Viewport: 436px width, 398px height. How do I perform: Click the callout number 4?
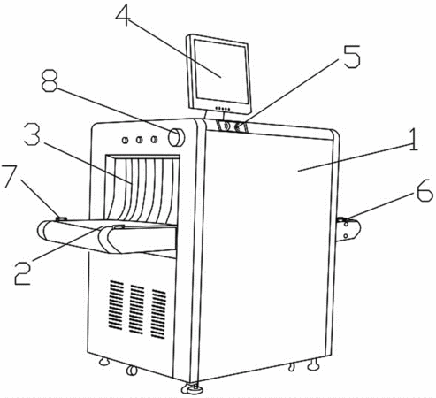click(123, 14)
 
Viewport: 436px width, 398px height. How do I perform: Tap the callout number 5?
click(352, 57)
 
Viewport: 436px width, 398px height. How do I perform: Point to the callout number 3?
click(32, 134)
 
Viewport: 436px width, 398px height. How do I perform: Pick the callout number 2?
click(23, 273)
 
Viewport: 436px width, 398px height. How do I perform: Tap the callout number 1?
click(414, 140)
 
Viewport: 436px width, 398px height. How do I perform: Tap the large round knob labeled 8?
click(177, 137)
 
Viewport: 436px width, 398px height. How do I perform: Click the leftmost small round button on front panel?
click(126, 140)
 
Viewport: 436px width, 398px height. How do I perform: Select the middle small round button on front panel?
click(139, 139)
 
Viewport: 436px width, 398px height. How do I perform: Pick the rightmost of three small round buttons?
click(154, 139)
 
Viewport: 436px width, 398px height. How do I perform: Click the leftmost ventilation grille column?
click(117, 305)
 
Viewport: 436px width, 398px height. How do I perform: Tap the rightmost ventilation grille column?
click(158, 314)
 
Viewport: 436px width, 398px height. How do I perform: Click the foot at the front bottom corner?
click(192, 387)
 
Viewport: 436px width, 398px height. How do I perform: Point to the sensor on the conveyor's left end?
click(61, 219)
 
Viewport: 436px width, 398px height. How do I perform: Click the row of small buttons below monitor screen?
click(223, 109)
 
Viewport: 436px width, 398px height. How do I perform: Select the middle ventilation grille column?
click(137, 310)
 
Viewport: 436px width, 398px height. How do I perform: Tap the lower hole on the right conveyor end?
click(346, 236)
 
